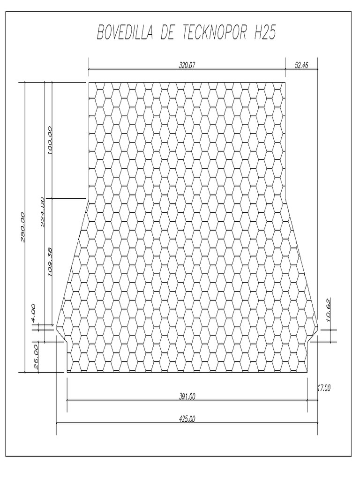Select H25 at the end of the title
point(265,32)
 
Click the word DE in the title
point(168,32)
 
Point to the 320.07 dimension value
point(187,65)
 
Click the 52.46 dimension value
point(301,65)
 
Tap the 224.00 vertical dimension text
point(43,212)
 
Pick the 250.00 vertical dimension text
point(23,227)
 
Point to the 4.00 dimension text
point(33,312)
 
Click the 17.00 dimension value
point(324,388)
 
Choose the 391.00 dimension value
point(187,397)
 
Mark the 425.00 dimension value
point(187,419)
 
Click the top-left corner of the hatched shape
point(89,82)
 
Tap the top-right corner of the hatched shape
point(285,82)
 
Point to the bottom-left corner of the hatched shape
point(67,372)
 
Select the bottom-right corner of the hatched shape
point(307,372)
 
